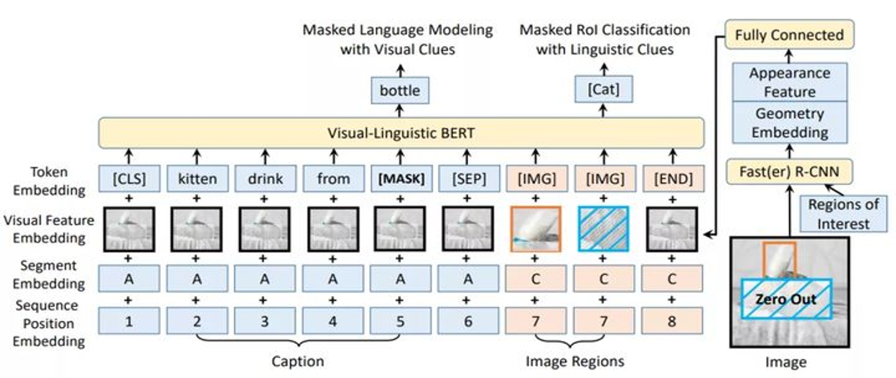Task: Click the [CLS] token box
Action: (x=129, y=178)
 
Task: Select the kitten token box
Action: (x=196, y=178)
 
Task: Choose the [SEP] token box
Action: (x=467, y=178)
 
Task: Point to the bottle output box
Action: (x=400, y=88)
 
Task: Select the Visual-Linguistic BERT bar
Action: (x=400, y=132)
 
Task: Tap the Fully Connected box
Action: (x=788, y=35)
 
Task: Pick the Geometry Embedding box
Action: (x=788, y=122)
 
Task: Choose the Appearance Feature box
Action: (x=788, y=82)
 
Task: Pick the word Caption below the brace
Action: (x=298, y=361)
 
